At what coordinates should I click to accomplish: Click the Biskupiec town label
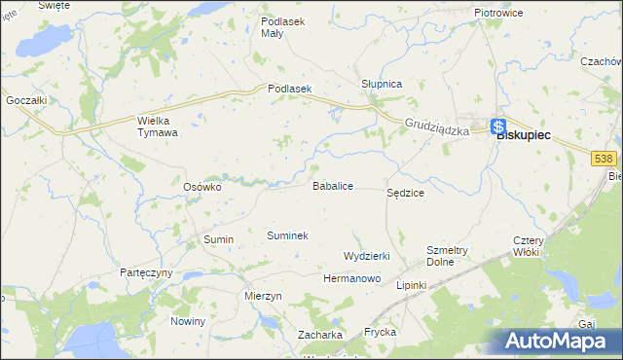pyautogui.click(x=523, y=136)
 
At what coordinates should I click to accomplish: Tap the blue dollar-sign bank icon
pyautogui.click(x=497, y=126)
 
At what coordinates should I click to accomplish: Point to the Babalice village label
pyautogui.click(x=332, y=185)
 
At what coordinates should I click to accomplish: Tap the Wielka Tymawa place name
pyautogui.click(x=157, y=126)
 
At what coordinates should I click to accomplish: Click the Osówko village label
pyautogui.click(x=203, y=187)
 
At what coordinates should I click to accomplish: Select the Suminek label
pyautogui.click(x=287, y=235)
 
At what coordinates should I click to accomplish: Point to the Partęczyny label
pyautogui.click(x=146, y=272)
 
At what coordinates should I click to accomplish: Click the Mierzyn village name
pyautogui.click(x=264, y=296)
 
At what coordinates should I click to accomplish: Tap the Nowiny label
pyautogui.click(x=188, y=321)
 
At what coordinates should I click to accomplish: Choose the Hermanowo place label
pyautogui.click(x=351, y=278)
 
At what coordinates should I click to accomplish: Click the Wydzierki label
pyautogui.click(x=367, y=256)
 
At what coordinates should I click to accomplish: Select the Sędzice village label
pyautogui.click(x=406, y=193)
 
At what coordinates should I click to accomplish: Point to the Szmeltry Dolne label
pyautogui.click(x=448, y=255)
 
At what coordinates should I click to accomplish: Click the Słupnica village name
pyautogui.click(x=382, y=84)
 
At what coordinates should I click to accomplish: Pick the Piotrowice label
pyautogui.click(x=498, y=13)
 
